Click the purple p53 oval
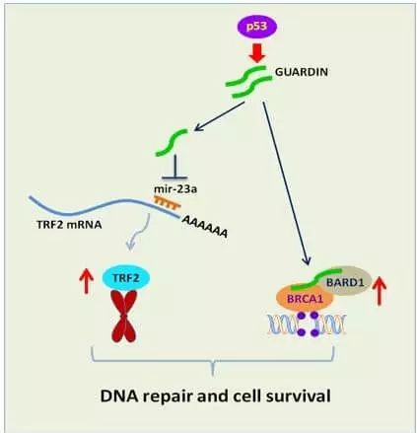(x=257, y=27)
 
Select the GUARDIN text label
(x=302, y=72)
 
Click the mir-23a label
(x=175, y=189)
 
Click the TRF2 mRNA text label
(x=69, y=225)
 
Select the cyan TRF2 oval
(x=126, y=278)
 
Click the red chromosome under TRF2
(x=124, y=317)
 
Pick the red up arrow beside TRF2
(x=87, y=280)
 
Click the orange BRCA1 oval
(x=306, y=298)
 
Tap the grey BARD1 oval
(x=345, y=281)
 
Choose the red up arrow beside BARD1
(x=380, y=291)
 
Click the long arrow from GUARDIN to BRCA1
(x=286, y=183)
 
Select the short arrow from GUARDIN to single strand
(x=220, y=116)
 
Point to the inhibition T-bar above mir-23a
(x=174, y=167)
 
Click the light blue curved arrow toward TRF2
(x=137, y=233)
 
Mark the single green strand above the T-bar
(x=172, y=143)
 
